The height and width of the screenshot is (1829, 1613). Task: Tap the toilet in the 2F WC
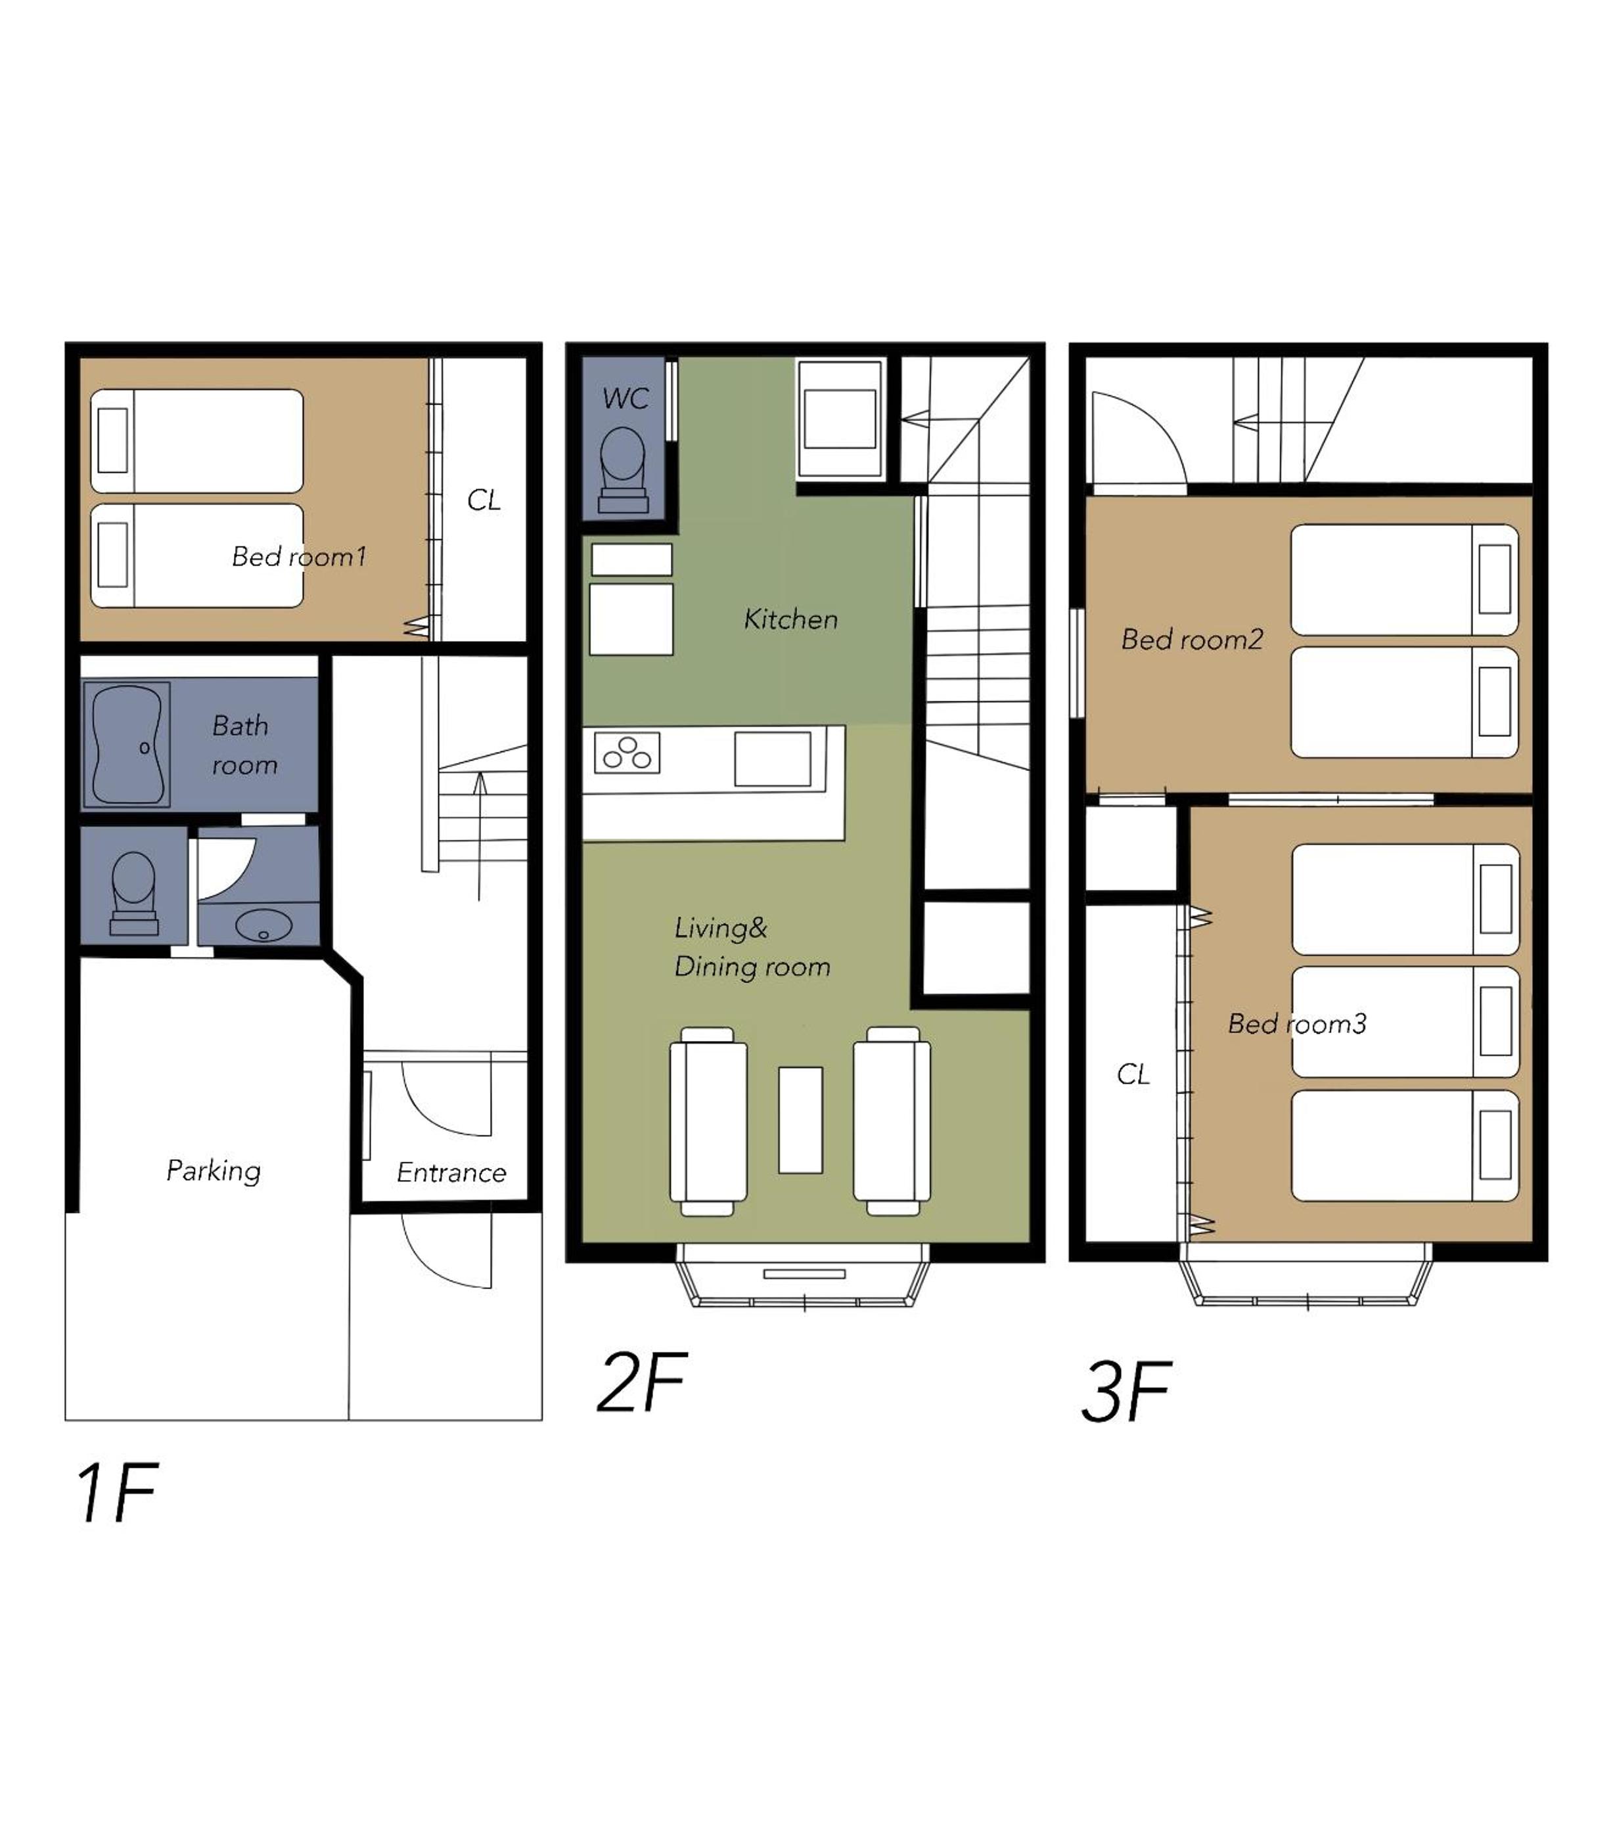[x=623, y=470]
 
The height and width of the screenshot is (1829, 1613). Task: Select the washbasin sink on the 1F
[x=263, y=925]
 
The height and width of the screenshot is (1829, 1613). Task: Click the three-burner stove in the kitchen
[x=627, y=753]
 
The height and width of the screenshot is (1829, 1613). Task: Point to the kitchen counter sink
[x=773, y=759]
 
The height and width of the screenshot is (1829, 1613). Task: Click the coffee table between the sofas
[x=800, y=1120]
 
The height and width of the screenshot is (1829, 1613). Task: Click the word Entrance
[x=451, y=1172]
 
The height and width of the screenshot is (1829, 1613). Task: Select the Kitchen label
[x=790, y=619]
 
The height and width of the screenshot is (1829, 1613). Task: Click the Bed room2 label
[x=1191, y=639]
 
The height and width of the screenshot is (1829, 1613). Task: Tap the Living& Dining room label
[x=752, y=948]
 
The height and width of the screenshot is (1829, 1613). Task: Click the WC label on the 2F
[x=625, y=398]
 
